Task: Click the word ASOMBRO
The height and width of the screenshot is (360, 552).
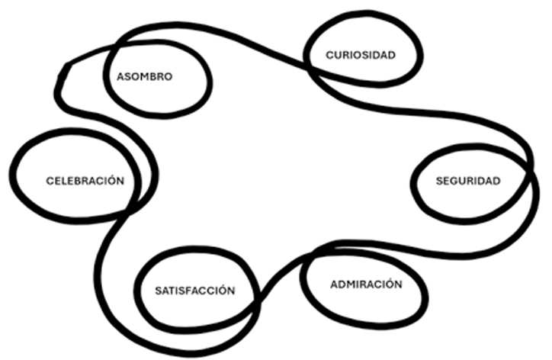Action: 144,77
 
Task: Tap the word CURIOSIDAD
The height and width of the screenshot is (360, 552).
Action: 361,56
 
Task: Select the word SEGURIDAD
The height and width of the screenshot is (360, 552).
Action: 468,181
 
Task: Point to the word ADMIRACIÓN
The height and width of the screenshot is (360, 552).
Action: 366,284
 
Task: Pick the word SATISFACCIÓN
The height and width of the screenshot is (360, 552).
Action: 195,291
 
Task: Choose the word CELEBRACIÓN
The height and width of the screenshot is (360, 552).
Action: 85,180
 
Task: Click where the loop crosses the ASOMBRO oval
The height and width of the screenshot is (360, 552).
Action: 114,46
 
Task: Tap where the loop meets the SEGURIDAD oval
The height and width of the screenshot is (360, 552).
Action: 529,169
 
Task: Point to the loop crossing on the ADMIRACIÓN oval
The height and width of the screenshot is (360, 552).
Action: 314,251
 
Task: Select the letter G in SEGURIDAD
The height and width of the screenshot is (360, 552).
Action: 454,181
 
